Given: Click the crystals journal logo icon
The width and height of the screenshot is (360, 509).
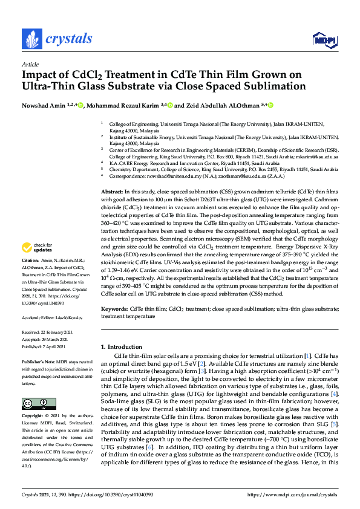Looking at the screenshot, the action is click(31, 38).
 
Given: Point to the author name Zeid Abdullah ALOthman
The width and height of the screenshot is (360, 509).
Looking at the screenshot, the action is click(216, 105).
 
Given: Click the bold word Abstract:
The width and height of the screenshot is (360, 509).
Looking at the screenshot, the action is click(112, 157).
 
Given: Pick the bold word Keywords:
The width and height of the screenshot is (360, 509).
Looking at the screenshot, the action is click(113, 308).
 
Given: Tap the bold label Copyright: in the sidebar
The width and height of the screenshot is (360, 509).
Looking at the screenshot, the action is click(34, 417).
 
